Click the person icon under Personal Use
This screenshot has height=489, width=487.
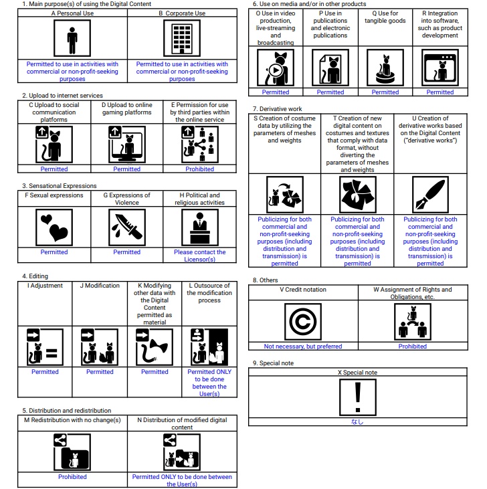pos(72,39)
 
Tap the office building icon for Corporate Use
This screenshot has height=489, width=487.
pos(182,39)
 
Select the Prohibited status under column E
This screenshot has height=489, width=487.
pos(200,169)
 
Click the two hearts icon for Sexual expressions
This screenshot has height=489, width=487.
pos(54,227)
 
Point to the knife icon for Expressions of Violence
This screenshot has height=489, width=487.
pos(126,227)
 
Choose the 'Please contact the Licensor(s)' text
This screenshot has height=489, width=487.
pos(200,256)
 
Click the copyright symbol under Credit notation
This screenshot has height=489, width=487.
pos(303,321)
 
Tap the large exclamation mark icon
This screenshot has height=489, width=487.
pos(358,397)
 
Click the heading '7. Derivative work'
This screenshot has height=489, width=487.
pos(278,108)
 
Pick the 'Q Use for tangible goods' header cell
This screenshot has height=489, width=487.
pos(385,17)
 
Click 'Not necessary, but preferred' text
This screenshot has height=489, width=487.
pos(303,347)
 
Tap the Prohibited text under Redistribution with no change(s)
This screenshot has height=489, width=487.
pos(72,477)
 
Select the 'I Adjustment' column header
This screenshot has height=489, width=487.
pos(45,286)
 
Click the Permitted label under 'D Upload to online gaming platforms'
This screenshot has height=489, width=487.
pos(126,169)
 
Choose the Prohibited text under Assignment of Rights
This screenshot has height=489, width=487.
pos(413,347)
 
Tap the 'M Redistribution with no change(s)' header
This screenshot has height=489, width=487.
pos(72,419)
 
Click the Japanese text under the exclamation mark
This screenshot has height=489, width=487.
pos(358,422)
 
